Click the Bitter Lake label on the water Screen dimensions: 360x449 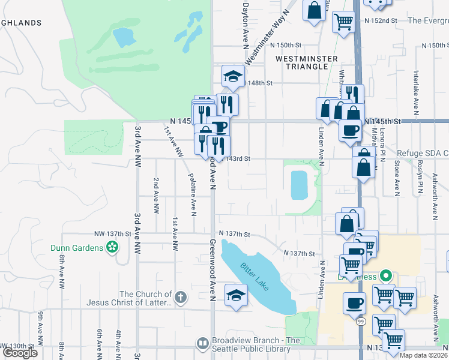(x=256, y=274)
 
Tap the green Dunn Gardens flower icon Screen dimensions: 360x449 (x=111, y=247)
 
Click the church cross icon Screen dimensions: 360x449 (x=181, y=296)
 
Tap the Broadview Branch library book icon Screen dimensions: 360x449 (x=202, y=344)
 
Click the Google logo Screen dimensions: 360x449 (x=20, y=353)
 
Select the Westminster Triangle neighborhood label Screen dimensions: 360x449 (x=303, y=62)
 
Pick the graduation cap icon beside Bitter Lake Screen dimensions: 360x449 (x=236, y=295)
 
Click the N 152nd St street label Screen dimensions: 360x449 (x=381, y=20)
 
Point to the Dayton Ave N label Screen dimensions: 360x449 (x=245, y=25)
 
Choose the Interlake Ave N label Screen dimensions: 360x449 (x=415, y=92)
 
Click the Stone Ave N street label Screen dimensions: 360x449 (x=397, y=178)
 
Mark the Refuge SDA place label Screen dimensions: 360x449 (x=421, y=154)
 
